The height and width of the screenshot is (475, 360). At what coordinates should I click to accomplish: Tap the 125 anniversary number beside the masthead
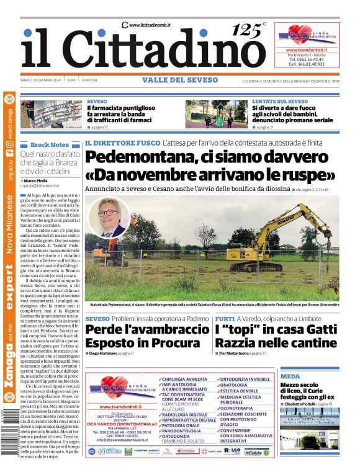click(x=249, y=30)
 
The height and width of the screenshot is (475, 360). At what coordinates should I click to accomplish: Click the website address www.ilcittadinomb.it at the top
click(x=150, y=25)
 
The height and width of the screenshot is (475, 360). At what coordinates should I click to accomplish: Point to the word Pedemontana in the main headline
click(x=146, y=156)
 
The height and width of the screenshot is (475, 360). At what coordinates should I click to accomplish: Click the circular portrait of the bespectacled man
click(x=109, y=217)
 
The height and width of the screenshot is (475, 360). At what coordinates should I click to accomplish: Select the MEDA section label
click(x=289, y=376)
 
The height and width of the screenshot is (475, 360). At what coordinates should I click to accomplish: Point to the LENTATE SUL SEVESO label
click(x=279, y=101)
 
